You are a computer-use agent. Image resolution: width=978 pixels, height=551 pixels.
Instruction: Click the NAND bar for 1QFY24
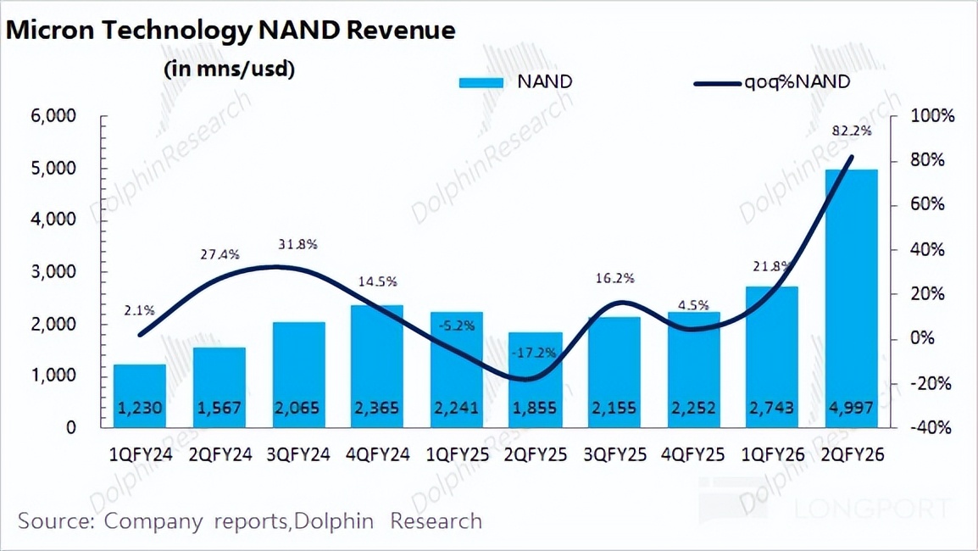tap(140, 394)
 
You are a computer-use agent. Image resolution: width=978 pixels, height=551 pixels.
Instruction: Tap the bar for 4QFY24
tap(377, 365)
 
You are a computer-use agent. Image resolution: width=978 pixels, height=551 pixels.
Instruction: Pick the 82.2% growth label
tap(852, 131)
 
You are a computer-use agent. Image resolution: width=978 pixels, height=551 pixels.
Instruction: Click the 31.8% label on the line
tap(297, 244)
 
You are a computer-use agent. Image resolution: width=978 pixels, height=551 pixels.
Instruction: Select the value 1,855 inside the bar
tap(535, 409)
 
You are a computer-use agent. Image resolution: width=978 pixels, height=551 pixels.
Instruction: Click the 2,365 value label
tap(377, 409)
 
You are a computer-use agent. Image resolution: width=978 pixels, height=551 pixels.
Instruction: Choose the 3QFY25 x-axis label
tap(614, 455)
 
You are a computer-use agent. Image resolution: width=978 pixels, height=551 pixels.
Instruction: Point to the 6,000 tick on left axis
tap(53, 117)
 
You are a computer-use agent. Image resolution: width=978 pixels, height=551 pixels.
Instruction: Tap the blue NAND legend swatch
tap(483, 83)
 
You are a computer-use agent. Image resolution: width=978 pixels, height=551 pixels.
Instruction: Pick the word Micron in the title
tap(51, 31)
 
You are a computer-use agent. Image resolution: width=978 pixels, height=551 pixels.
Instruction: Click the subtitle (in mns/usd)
tap(229, 69)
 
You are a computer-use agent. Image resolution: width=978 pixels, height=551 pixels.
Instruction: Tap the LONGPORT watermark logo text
tap(872, 509)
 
